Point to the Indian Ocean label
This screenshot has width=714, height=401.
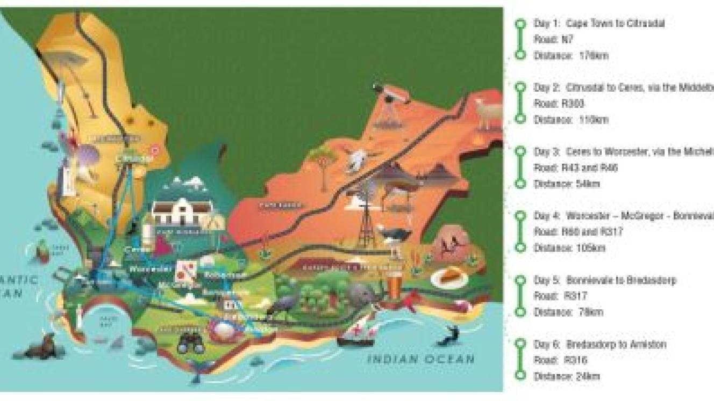tap(421, 359)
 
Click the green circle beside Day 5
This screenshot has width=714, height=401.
tap(519, 280)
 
